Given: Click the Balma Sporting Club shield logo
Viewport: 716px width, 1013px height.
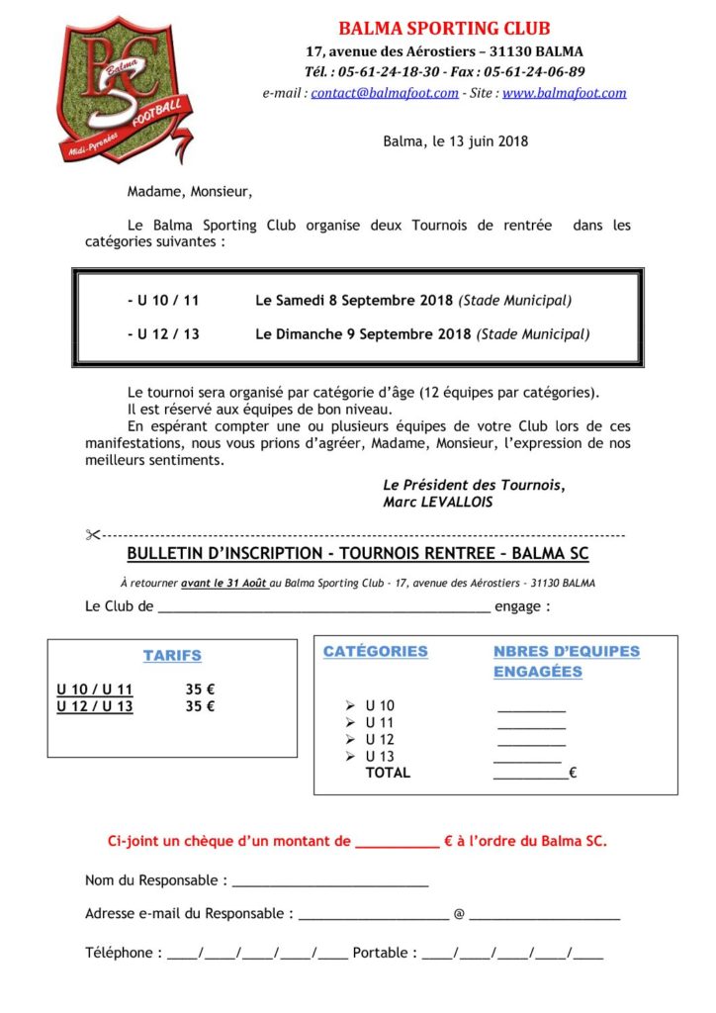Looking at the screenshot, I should coord(123,88).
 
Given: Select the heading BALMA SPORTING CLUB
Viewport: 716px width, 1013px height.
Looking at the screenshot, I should coord(444,29).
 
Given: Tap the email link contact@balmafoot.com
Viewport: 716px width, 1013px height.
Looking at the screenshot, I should coord(385,93).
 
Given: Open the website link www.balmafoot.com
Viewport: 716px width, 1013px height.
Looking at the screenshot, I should coord(564,93).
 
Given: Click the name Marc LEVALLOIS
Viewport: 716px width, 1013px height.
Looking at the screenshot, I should coord(436,502).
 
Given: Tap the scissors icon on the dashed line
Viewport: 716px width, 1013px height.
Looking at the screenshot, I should coord(93,535).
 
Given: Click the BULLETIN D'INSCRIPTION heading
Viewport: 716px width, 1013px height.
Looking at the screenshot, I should coord(358,553).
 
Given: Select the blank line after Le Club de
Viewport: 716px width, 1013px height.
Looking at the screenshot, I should coord(323,607).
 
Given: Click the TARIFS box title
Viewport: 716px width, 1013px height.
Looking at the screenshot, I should coord(172,656).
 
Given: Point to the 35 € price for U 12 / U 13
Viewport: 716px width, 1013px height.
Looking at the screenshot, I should coord(200,706).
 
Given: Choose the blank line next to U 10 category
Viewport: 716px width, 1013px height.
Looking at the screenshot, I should coord(531,707).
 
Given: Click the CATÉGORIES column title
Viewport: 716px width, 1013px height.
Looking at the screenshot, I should coord(375,652).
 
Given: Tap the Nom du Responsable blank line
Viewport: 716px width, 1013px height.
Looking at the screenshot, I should coord(329,881).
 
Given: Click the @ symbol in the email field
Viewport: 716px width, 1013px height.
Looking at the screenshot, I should coord(459,914).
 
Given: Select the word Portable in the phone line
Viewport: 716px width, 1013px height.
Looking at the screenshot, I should coord(380,953).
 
